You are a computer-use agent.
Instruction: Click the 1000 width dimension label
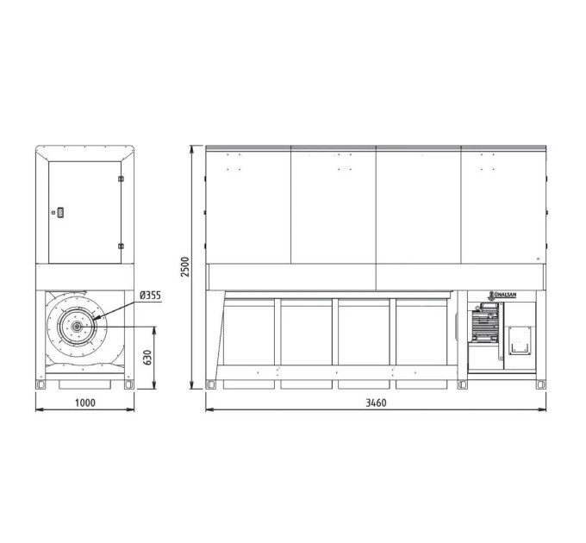pyautogui.click(x=84, y=403)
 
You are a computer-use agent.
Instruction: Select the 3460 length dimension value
pyautogui.click(x=376, y=403)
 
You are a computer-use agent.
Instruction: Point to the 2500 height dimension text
pyautogui.click(x=185, y=267)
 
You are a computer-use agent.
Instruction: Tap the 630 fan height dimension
pyautogui.click(x=147, y=358)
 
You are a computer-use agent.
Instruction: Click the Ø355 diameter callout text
pyautogui.click(x=150, y=296)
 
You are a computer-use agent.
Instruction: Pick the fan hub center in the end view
pyautogui.click(x=78, y=327)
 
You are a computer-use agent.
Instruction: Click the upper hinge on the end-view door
pyautogui.click(x=121, y=178)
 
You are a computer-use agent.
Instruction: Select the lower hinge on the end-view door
pyautogui.click(x=121, y=246)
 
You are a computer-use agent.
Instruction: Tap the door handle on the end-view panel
pyautogui.click(x=60, y=213)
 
